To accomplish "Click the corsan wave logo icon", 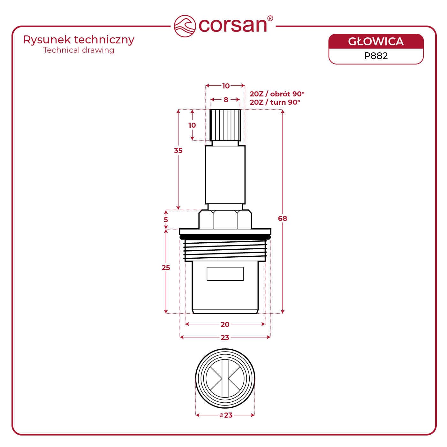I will point(185,26).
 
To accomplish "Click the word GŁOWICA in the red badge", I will point(376,42).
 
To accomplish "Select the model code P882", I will point(376,56).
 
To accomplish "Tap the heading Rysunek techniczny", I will point(79,40).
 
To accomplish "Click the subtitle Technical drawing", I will point(79,50).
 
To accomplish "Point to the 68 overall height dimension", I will point(283,218).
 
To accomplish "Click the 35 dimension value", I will point(178,150).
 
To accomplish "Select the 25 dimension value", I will point(166,268).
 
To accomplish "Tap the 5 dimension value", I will point(166,220).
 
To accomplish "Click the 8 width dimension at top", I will point(226,100).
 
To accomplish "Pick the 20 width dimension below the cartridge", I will point(225,324).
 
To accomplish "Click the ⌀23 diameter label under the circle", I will point(226,415).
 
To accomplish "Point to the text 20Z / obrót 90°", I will point(277,94).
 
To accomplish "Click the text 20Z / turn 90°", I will point(275,102).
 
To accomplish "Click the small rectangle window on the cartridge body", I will point(225,274).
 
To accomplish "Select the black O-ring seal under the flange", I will point(225,237).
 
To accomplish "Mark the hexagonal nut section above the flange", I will point(225,219).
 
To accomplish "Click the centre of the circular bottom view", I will point(225,379).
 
